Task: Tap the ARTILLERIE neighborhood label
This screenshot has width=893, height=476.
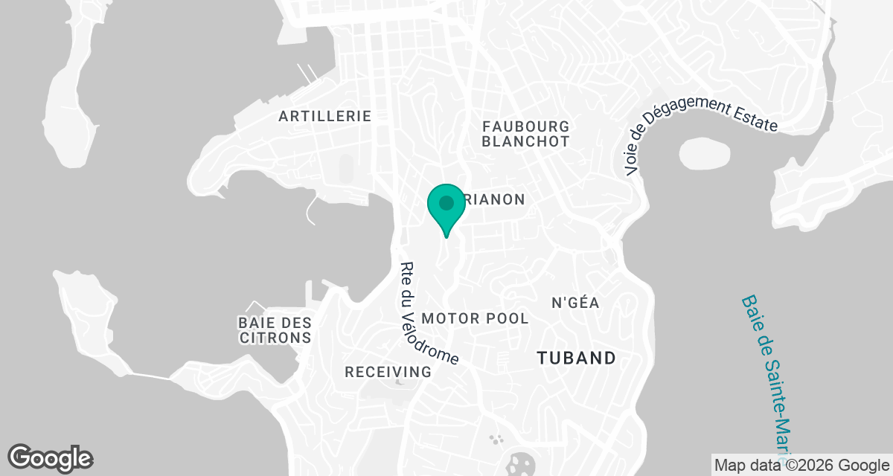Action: [324, 116]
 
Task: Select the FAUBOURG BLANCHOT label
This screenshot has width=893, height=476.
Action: [525, 134]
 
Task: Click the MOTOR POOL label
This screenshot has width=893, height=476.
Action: [475, 318]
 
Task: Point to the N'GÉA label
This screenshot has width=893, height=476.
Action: [575, 303]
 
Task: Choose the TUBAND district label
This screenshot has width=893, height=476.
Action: [577, 358]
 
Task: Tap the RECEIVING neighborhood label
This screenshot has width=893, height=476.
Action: [388, 372]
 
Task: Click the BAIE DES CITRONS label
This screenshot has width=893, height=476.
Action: [275, 329]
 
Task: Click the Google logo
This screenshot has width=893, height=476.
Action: [51, 458]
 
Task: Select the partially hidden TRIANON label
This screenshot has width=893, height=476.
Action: [494, 199]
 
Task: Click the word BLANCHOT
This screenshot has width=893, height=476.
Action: [525, 141]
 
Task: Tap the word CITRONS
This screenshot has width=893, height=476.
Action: [275, 337]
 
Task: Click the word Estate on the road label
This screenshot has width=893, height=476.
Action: [752, 119]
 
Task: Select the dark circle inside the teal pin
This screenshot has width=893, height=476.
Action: [446, 202]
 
